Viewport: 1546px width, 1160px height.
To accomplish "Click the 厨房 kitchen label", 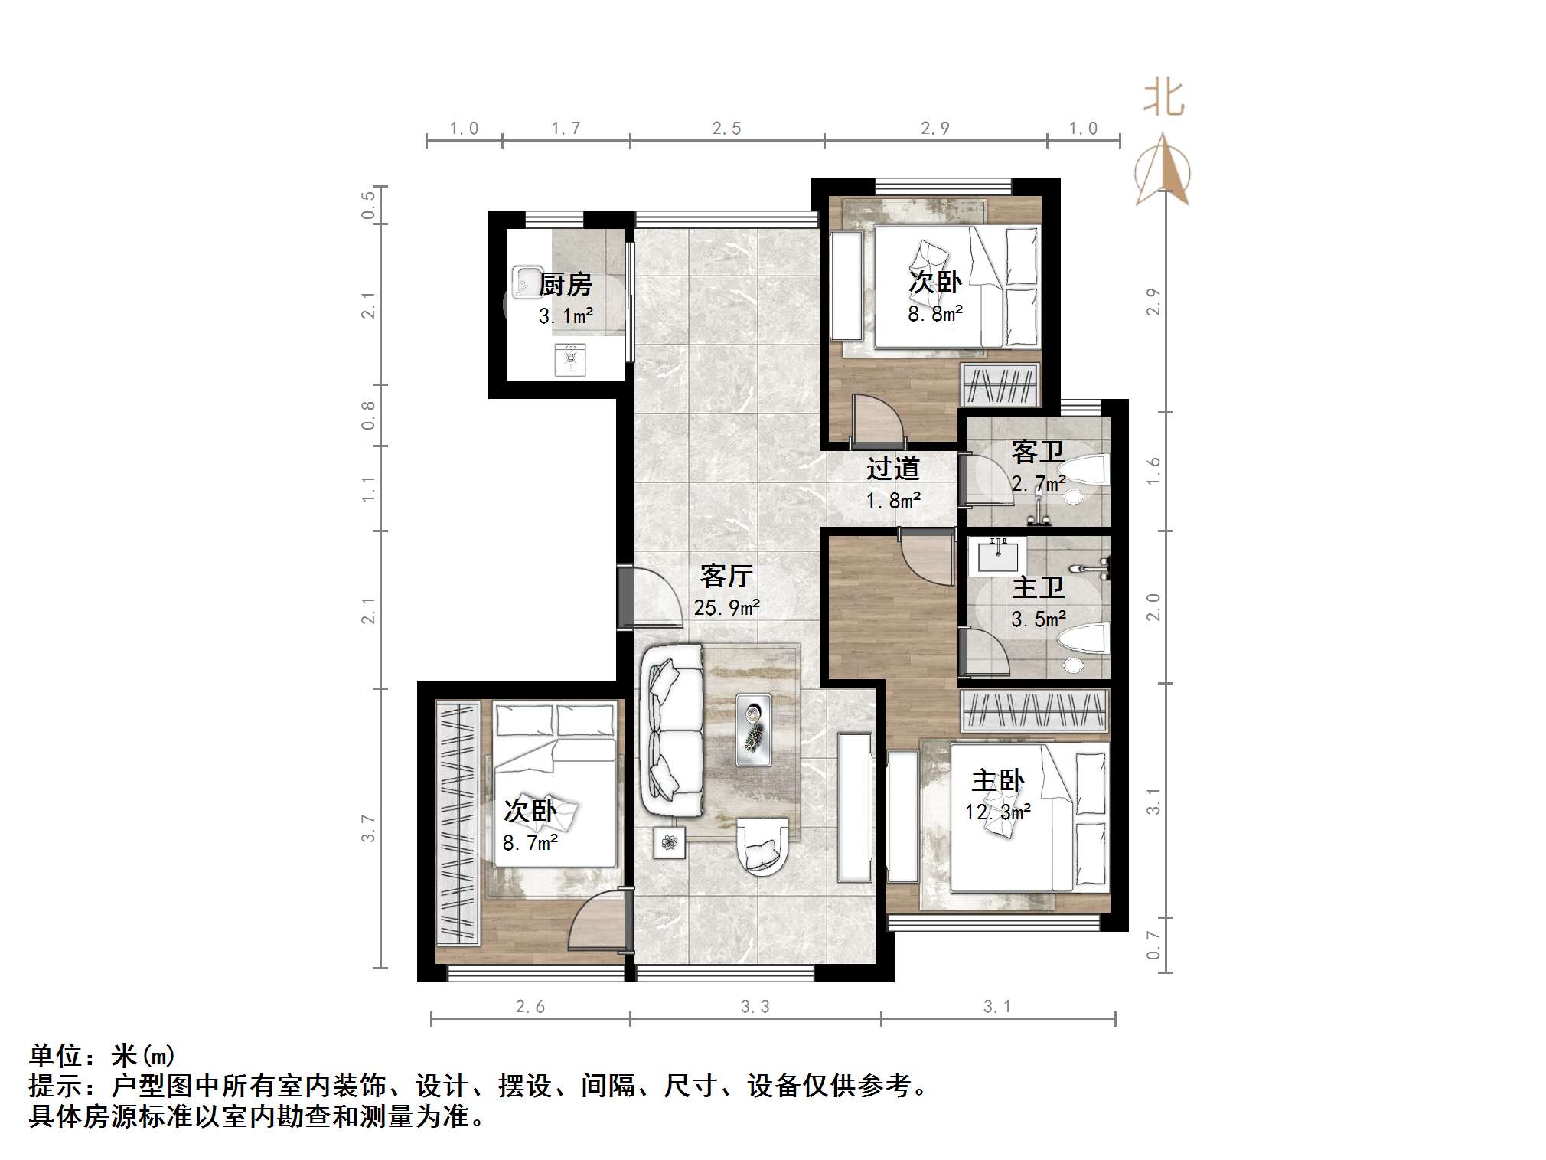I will point(566,284).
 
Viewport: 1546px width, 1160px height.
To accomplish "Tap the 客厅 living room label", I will point(726,576).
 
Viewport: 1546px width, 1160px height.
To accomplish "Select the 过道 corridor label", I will point(892,469).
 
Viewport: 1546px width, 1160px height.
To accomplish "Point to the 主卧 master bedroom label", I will point(997,781).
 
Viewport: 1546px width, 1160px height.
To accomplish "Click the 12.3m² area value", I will point(997,812).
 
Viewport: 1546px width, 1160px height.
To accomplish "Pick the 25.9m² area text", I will point(726,608).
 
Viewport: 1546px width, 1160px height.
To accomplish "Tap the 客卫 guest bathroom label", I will point(1037,452).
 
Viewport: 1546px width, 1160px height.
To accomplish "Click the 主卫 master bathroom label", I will point(1038,587).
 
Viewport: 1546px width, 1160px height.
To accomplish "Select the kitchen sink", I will point(526,281).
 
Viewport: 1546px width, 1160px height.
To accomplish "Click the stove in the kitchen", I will point(570,359).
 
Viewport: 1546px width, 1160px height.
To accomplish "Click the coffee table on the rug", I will point(754,730).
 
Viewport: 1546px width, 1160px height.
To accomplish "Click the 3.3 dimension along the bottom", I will point(755,1007).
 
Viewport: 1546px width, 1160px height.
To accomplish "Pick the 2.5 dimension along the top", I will point(726,129).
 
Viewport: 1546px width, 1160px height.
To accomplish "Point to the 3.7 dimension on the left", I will point(369,828).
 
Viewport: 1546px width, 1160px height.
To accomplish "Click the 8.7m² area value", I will point(530,843).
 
